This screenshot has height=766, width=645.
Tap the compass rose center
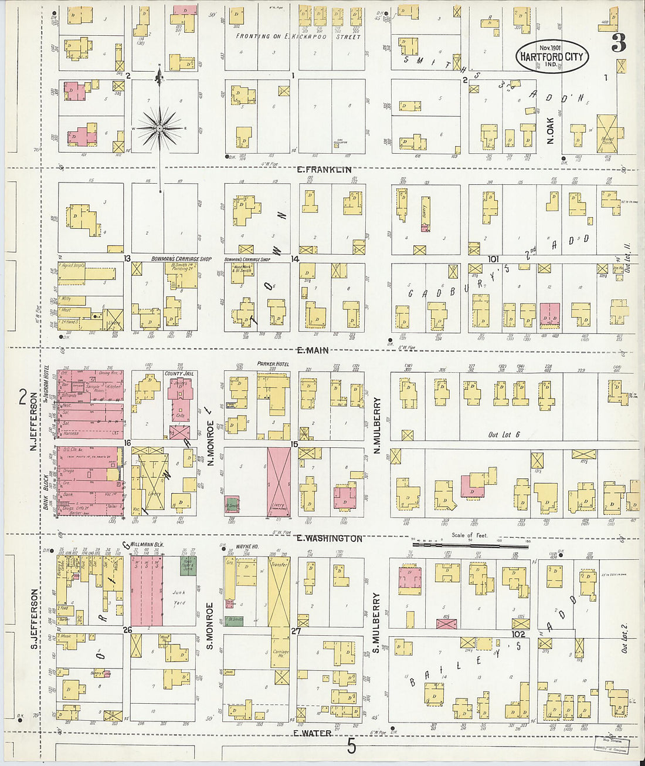(159, 128)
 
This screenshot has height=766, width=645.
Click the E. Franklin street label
(324, 170)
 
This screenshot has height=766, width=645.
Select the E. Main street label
(312, 350)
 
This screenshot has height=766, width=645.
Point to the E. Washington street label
(328, 538)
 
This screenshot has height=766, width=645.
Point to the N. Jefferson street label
(33, 421)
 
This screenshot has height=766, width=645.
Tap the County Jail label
(180, 374)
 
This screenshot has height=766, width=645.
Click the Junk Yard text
(179, 598)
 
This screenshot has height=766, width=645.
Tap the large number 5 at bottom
(351, 747)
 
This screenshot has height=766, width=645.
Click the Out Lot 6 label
(504, 435)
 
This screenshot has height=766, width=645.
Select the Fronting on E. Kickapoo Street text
(298, 36)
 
